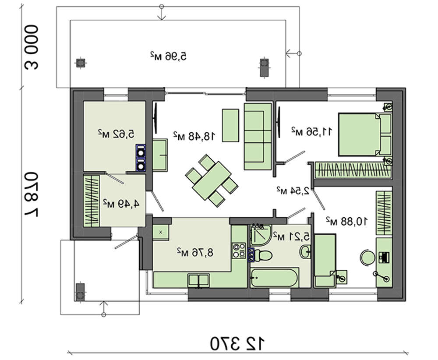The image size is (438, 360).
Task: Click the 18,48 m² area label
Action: point(194,136)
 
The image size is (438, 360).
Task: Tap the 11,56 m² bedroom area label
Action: point(312,131)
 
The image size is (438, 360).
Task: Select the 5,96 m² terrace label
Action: point(169,56)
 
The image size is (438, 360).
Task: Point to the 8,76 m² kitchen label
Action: point(195,252)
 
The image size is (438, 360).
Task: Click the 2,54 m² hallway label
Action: point(293,191)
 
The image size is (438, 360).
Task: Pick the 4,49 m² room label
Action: point(121,203)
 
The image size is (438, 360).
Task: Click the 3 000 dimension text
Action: point(31,47)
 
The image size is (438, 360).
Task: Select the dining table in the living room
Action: point(212,181)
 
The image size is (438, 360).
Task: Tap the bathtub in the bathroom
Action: point(275,278)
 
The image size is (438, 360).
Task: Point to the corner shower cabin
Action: point(261,234)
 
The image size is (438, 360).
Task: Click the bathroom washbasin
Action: point(305,251)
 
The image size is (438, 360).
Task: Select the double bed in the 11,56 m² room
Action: point(364,134)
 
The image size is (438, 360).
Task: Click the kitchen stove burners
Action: point(239,251)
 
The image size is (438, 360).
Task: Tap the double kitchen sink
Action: point(198,280)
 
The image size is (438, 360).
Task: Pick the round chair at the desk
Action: point(367,257)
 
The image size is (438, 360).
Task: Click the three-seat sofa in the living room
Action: point(258,136)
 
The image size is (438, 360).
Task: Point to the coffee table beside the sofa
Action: point(230,125)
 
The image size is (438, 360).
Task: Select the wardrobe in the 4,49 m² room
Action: point(92,201)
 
